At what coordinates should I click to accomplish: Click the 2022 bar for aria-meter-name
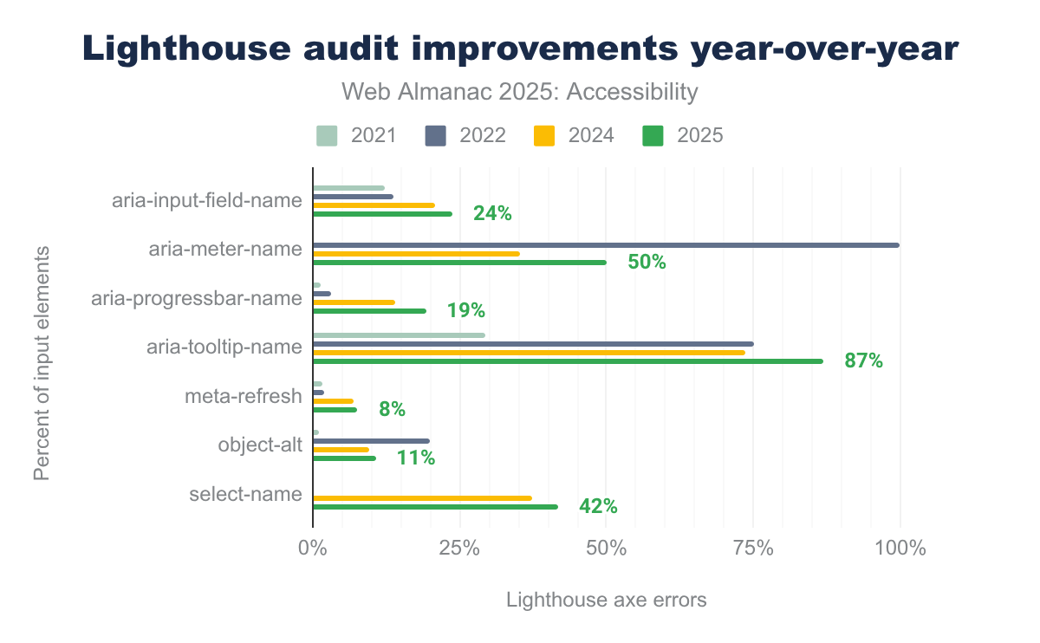[606, 245]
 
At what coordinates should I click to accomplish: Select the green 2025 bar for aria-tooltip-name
[568, 360]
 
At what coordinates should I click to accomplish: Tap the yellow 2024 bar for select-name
[422, 498]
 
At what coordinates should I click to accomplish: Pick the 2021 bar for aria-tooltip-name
[399, 335]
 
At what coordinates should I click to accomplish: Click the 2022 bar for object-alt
[371, 441]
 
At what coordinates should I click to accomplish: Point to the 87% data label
[863, 361]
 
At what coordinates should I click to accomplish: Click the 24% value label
[492, 213]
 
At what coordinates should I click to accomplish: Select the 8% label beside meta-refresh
[392, 410]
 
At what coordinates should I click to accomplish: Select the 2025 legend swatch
[653, 135]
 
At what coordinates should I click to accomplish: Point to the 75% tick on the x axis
[753, 548]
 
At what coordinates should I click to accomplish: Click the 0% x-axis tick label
[312, 548]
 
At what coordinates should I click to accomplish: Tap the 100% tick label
[900, 548]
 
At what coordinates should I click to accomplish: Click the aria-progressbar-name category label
[197, 299]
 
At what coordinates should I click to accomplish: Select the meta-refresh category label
[244, 397]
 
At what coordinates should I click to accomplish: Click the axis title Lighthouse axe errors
[606, 600]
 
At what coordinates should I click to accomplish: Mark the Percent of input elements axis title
[41, 362]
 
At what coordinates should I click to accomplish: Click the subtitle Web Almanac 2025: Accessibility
[520, 92]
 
